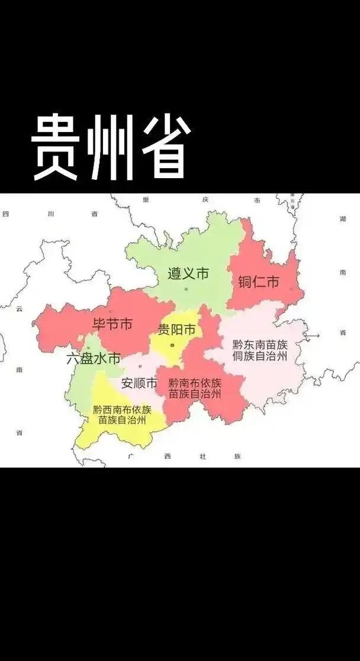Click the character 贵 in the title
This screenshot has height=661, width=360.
click(x=54, y=146)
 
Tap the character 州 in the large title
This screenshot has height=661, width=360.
click(x=111, y=146)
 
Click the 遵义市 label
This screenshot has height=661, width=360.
click(x=188, y=274)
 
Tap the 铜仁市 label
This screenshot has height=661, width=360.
click(x=258, y=282)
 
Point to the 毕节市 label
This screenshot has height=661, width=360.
click(x=112, y=324)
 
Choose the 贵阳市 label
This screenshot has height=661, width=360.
click(x=177, y=329)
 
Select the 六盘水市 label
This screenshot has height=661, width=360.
click(x=93, y=358)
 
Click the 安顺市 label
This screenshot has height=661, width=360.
click(x=140, y=383)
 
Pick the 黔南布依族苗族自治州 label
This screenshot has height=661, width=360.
click(x=195, y=388)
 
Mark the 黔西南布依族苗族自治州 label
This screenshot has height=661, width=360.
click(x=122, y=415)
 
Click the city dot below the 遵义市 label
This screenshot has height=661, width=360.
click(x=186, y=289)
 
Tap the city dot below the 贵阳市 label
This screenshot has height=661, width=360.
click(x=172, y=345)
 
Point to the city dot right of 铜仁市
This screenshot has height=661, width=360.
click(x=291, y=289)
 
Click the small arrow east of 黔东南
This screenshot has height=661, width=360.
click(x=312, y=336)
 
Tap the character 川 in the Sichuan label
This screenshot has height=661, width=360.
click(x=51, y=214)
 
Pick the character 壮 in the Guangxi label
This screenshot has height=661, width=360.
click(x=202, y=456)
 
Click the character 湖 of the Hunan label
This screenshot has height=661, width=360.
click(x=343, y=219)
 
